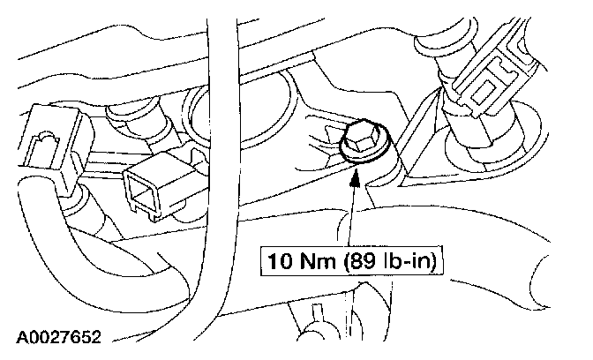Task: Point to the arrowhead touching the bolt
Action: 354,173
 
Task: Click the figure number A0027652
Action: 59,337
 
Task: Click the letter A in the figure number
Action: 19,337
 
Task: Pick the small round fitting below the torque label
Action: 310,334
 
